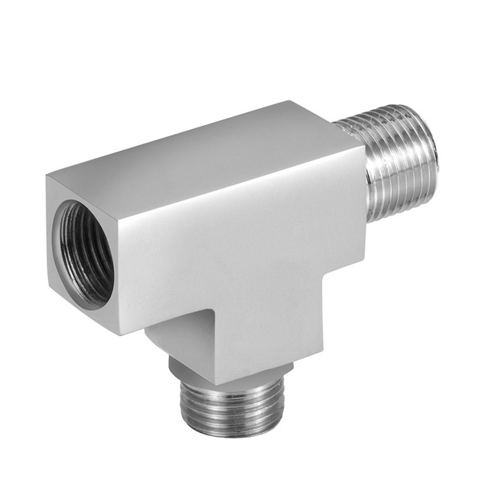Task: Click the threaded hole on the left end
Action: [83, 253]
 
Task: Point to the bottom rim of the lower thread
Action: [232, 433]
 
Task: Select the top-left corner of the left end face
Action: [47, 176]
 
